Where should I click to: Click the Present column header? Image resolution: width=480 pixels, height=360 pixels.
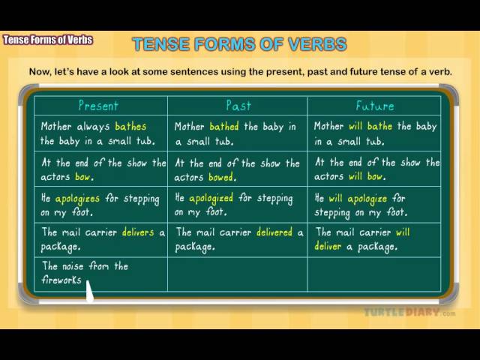pyautogui.click(x=98, y=106)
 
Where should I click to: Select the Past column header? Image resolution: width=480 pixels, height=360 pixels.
pyautogui.click(x=238, y=106)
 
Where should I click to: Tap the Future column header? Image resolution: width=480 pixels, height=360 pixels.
pyautogui.click(x=375, y=106)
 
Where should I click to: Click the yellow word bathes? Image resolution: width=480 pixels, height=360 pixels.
pyautogui.click(x=130, y=126)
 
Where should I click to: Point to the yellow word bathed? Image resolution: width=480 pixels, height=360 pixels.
pyautogui.click(x=224, y=126)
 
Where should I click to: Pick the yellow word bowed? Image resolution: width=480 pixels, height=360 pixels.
pyautogui.click(x=221, y=177)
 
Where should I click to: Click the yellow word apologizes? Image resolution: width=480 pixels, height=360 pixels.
pyautogui.click(x=77, y=199)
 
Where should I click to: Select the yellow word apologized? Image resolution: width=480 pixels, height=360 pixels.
pyautogui.click(x=211, y=199)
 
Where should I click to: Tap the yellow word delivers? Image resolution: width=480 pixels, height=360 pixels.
pyautogui.click(x=138, y=232)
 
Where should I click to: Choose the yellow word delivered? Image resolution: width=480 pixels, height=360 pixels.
pyautogui.click(x=274, y=232)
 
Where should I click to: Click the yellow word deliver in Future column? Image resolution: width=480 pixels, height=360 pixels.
pyautogui.click(x=328, y=246)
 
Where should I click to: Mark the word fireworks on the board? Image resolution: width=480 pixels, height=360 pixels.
pyautogui.click(x=61, y=280)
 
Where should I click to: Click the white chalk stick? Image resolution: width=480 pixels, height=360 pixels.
pyautogui.click(x=89, y=291)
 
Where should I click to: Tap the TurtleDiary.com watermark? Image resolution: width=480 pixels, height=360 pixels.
pyautogui.click(x=409, y=313)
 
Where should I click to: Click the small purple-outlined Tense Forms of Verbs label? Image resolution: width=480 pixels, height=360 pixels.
pyautogui.click(x=48, y=40)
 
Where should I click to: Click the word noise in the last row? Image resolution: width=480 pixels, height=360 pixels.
pyautogui.click(x=73, y=266)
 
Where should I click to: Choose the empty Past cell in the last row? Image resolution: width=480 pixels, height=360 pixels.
pyautogui.click(x=238, y=274)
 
